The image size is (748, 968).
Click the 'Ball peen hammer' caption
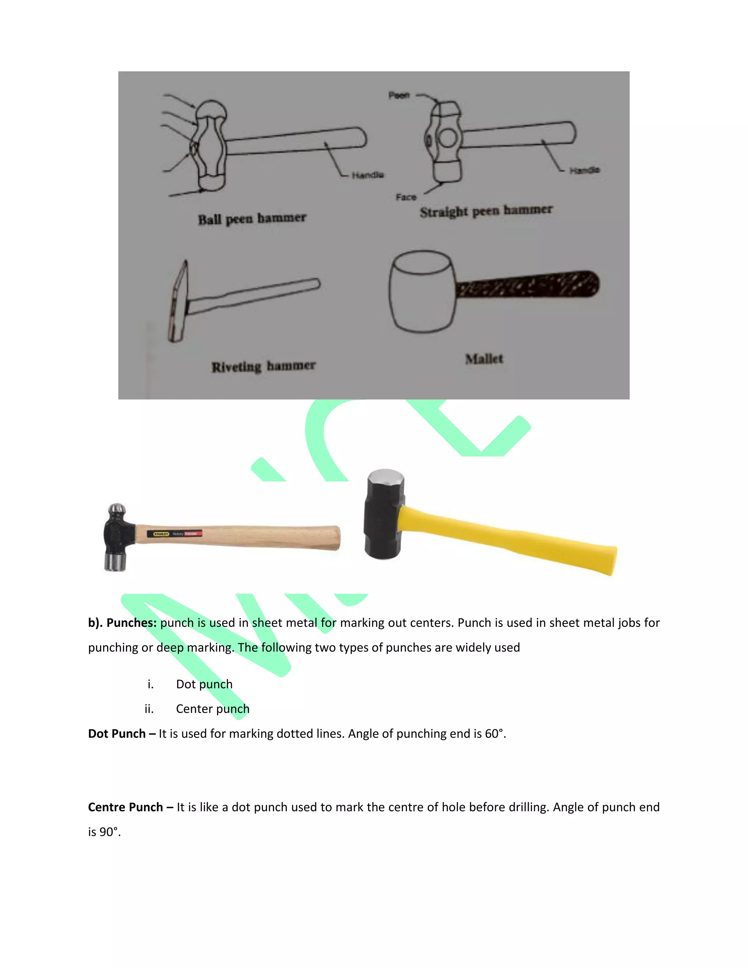tap(252, 219)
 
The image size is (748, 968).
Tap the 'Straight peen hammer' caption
tap(486, 211)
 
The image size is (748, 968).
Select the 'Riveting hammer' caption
tap(263, 366)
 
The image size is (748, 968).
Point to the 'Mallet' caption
tap(484, 359)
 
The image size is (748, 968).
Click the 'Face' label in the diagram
tap(406, 197)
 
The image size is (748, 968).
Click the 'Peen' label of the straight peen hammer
tap(399, 95)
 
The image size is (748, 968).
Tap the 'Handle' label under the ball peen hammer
tap(368, 175)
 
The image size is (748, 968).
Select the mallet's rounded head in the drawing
tap(422, 291)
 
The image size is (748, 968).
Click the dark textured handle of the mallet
tap(527, 285)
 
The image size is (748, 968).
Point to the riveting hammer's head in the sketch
tap(178, 301)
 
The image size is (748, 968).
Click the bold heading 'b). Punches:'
tap(122, 623)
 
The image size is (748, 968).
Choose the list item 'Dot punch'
tap(204, 684)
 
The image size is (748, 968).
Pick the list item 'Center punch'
tap(212, 709)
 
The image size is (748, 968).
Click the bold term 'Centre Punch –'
tap(130, 807)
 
